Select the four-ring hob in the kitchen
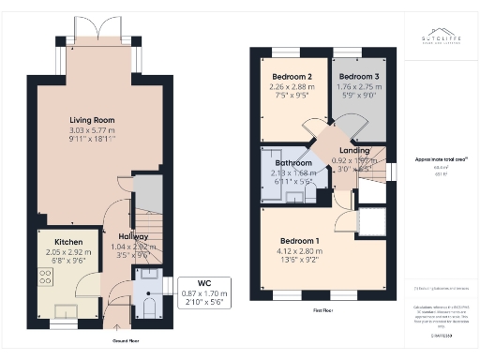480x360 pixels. coord(44,277)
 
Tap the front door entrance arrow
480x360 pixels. coord(116,325)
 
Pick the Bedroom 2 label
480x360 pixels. coord(292,76)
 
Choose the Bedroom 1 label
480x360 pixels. coord(298,241)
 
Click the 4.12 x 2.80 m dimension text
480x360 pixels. coord(298,251)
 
